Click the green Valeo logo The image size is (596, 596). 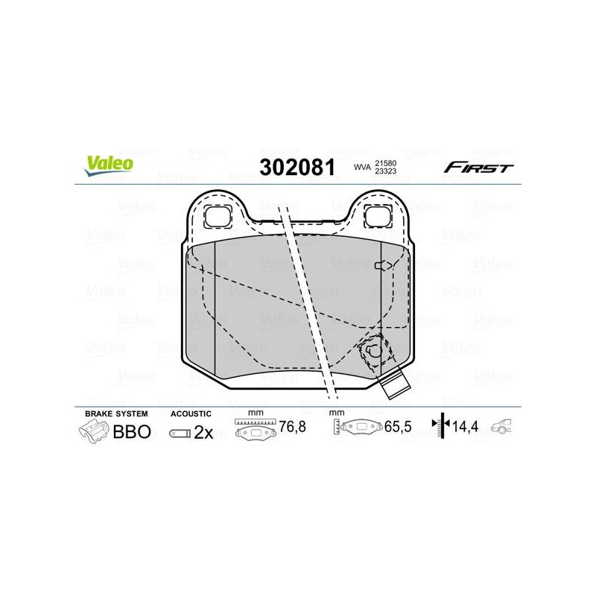tap(109, 165)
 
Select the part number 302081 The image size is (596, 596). tap(297, 168)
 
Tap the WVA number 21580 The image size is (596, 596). tap(386, 163)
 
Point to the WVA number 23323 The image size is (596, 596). tap(386, 171)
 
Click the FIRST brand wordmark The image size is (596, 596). tap(478, 167)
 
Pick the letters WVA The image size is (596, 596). tap(362, 167)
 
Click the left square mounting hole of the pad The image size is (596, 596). tap(218, 217)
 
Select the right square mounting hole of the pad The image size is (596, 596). tap(378, 217)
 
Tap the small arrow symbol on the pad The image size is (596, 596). tap(384, 265)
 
